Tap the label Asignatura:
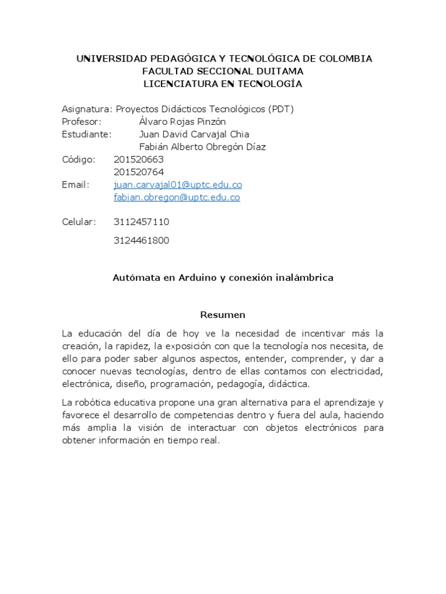click(x=87, y=109)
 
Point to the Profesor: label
click(x=82, y=122)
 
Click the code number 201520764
click(x=139, y=172)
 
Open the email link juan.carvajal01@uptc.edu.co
click(x=178, y=185)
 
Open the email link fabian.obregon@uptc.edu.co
click(x=177, y=197)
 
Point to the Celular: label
click(x=80, y=222)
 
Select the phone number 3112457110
click(x=142, y=222)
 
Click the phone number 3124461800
click(x=142, y=241)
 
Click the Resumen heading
click(x=223, y=315)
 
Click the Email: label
click(x=76, y=185)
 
